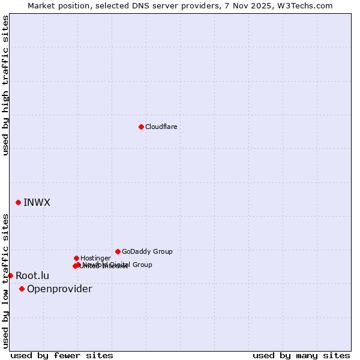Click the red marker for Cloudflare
pos(141,127)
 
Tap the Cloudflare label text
pos(161,127)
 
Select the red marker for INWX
pos(18,202)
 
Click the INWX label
pos(37,202)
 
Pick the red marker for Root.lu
pos(10,275)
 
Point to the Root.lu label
pos(32,275)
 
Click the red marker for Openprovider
pos(22,289)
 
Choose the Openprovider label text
pos(59,289)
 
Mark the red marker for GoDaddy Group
pos(118,251)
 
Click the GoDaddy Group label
pos(147,251)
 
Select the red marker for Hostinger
pos(76,258)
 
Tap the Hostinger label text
pos(95,258)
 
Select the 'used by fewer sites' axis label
pos(62,355)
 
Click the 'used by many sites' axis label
pos(301,355)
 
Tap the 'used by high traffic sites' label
pos(5,86)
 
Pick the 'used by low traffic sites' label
pos(5,281)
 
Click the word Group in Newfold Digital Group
pos(142,265)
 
